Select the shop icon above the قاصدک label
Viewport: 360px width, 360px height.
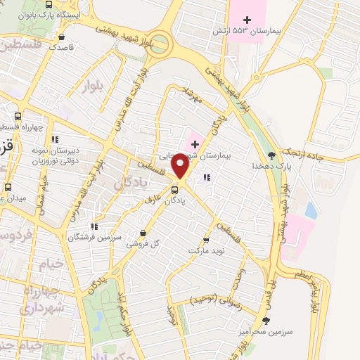(63, 37)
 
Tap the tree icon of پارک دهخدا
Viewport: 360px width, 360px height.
(272, 155)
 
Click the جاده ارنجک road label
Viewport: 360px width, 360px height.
(303, 153)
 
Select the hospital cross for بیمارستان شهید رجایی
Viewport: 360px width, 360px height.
(195, 144)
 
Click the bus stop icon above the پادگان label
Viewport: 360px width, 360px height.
(174, 189)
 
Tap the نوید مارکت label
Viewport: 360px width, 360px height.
(205, 250)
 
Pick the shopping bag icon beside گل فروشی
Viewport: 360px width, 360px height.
(143, 233)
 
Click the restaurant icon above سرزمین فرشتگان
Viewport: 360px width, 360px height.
(94, 226)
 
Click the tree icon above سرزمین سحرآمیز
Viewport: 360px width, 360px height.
(265, 321)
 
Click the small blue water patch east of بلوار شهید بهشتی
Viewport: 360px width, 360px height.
(310, 210)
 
